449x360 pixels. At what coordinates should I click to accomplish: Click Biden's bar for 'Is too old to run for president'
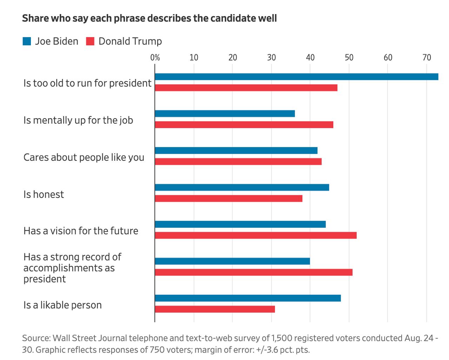pos(296,77)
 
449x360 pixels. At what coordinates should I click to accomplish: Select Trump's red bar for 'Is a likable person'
pos(215,309)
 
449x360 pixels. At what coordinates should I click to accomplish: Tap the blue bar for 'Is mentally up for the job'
pos(224,114)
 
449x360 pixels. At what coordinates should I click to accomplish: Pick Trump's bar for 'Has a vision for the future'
pos(255,235)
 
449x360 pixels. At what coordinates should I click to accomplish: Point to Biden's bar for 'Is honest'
pos(242,187)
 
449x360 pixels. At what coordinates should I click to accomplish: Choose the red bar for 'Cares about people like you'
pos(238,162)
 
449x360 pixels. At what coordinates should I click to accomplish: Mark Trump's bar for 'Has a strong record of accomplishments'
pos(253,272)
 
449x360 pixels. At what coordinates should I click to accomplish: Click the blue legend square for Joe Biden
pos(27,41)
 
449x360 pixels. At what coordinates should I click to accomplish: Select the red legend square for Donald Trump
pos(90,41)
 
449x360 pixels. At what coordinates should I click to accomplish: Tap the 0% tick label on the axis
pos(155,58)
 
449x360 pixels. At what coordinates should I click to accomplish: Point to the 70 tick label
pos(427,58)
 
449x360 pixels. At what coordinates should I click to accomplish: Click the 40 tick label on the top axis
pos(310,58)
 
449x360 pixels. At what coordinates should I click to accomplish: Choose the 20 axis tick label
pos(233,58)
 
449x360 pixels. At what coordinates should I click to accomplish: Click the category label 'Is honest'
pos(43,194)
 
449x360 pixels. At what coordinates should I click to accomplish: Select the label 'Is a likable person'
pos(62,305)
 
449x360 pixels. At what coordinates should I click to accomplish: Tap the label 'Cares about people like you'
pos(84,158)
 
